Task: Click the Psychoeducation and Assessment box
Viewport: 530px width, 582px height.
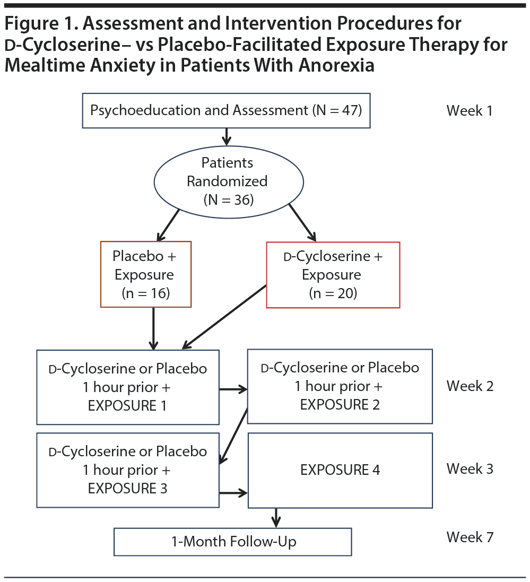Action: coord(226,110)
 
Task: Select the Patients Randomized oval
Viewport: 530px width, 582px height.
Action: coord(228,181)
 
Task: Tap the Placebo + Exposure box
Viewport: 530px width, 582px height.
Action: coord(145,274)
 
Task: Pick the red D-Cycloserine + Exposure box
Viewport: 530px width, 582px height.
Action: coord(333,275)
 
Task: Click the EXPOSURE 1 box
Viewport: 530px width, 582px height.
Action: coord(128,387)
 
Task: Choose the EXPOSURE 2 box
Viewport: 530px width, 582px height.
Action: coord(340,386)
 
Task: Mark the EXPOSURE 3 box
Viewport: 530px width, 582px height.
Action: coord(128,470)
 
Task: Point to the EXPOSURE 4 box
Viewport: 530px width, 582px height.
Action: coord(340,470)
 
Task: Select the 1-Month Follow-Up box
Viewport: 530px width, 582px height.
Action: coord(233,542)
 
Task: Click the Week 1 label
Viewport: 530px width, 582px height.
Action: coord(470,111)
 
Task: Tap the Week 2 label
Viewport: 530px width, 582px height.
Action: coord(470,386)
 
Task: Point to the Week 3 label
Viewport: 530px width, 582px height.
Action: coord(470,469)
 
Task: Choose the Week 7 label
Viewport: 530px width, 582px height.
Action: coord(470,537)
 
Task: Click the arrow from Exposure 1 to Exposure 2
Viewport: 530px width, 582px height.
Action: coord(233,390)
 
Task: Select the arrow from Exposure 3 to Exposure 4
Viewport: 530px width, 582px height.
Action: coord(233,493)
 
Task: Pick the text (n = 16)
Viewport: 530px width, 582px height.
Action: coord(145,293)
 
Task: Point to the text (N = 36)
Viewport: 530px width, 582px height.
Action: coord(228,199)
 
